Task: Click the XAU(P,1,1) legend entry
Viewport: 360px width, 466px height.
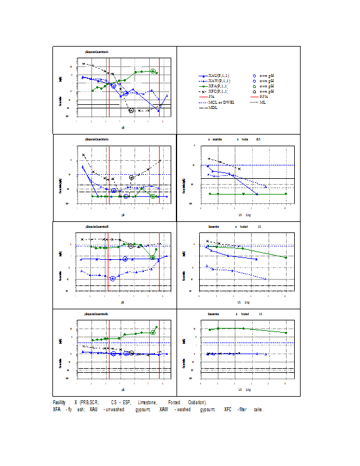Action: [x=218, y=76]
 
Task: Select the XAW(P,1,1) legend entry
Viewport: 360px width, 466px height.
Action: [x=218, y=81]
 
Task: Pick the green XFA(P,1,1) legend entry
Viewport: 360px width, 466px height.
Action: [x=218, y=86]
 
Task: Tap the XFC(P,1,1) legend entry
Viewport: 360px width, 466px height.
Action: [x=218, y=91]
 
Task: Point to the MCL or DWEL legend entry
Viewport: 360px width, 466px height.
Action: [x=221, y=102]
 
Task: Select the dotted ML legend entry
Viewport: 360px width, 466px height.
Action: [x=264, y=102]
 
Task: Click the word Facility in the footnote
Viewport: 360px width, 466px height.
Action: [x=59, y=403]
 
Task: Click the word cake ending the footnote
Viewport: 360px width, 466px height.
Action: [x=258, y=409]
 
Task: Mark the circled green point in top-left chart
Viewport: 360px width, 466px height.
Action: [x=153, y=71]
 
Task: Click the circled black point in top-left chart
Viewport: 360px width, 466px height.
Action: [x=132, y=110]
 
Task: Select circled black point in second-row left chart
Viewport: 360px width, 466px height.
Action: [x=132, y=177]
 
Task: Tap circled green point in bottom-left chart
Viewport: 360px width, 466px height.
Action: [x=153, y=332]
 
